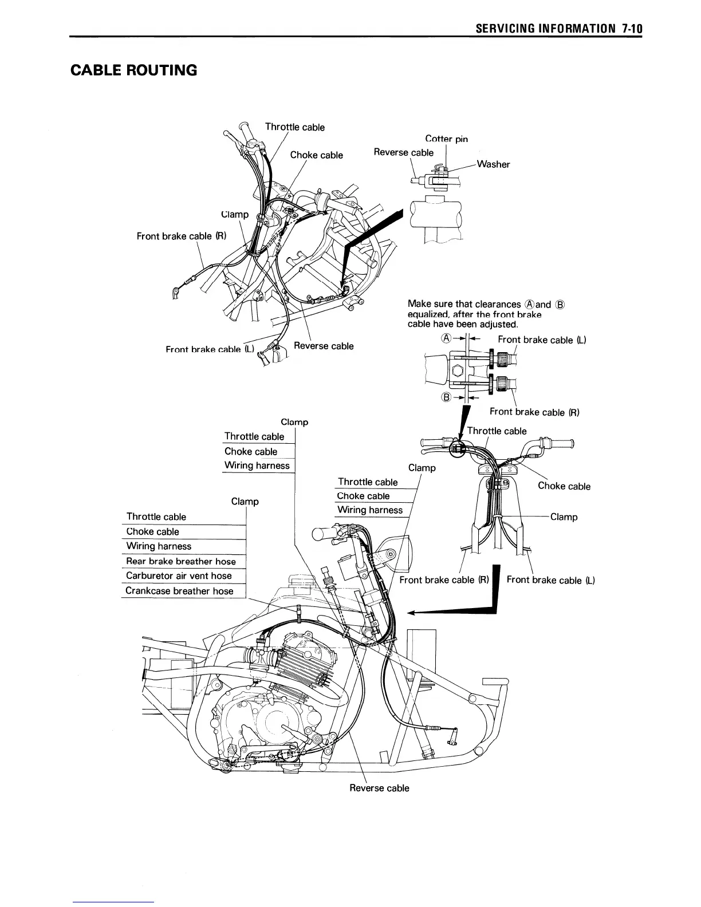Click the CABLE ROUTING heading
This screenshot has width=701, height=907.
(x=133, y=70)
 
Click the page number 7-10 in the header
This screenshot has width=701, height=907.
(x=631, y=29)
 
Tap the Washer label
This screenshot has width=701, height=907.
(x=493, y=164)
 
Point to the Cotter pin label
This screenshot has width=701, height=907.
(x=446, y=139)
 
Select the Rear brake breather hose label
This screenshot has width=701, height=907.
(x=180, y=561)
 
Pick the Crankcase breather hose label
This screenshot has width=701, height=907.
(x=179, y=591)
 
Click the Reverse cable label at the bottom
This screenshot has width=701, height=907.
(x=379, y=788)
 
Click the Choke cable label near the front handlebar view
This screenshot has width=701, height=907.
(x=564, y=486)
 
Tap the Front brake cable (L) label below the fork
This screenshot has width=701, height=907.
(x=550, y=580)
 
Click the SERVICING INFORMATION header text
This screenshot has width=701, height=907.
(x=544, y=29)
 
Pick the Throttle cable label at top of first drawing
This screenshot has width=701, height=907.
(x=294, y=127)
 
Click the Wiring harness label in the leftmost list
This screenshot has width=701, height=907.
(x=159, y=546)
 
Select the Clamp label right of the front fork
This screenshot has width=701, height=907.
(x=564, y=517)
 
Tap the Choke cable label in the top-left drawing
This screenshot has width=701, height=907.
(x=316, y=155)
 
